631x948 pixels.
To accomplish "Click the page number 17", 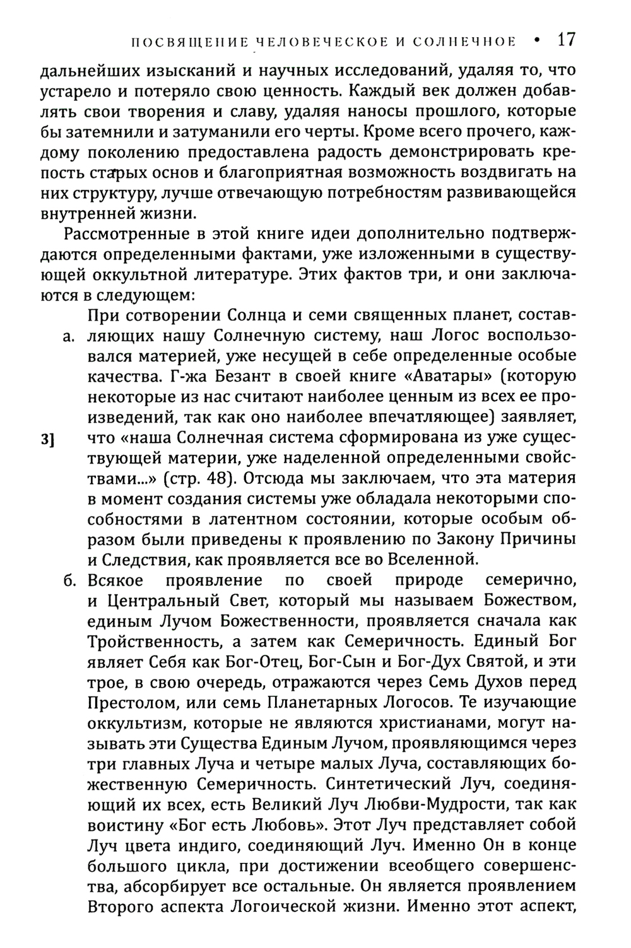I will click(x=566, y=40).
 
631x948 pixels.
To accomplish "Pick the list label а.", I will click(x=70, y=337).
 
